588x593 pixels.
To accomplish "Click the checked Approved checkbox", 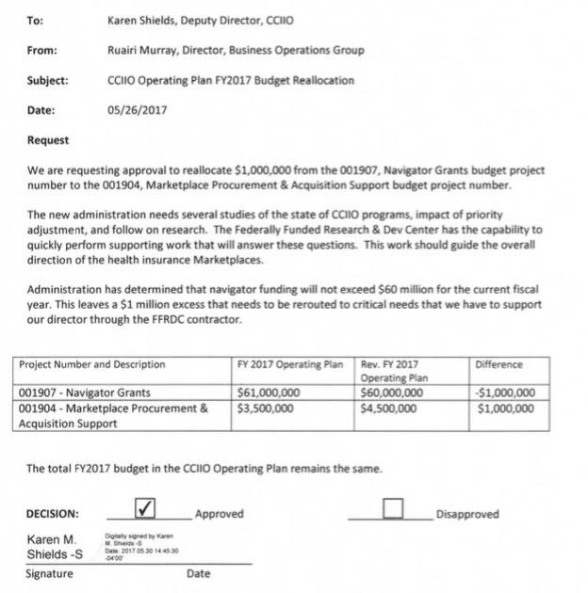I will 145,509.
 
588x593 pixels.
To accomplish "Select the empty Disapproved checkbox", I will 393,509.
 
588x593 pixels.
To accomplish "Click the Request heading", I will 48,140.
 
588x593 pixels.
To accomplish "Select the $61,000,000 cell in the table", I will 269,393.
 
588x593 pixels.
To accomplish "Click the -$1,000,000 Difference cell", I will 506,393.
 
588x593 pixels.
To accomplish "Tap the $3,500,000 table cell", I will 265,409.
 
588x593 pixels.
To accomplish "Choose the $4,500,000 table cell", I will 388,409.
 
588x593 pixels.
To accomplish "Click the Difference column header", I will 499,364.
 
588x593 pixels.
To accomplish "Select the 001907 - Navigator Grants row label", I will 85,393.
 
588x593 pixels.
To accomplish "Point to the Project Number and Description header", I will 92,364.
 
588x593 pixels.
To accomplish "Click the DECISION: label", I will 52,515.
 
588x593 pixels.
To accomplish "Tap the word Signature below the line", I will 49,573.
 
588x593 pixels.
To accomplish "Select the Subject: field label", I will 47,80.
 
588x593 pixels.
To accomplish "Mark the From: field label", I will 41,50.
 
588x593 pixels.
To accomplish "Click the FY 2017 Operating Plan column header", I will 291,364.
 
